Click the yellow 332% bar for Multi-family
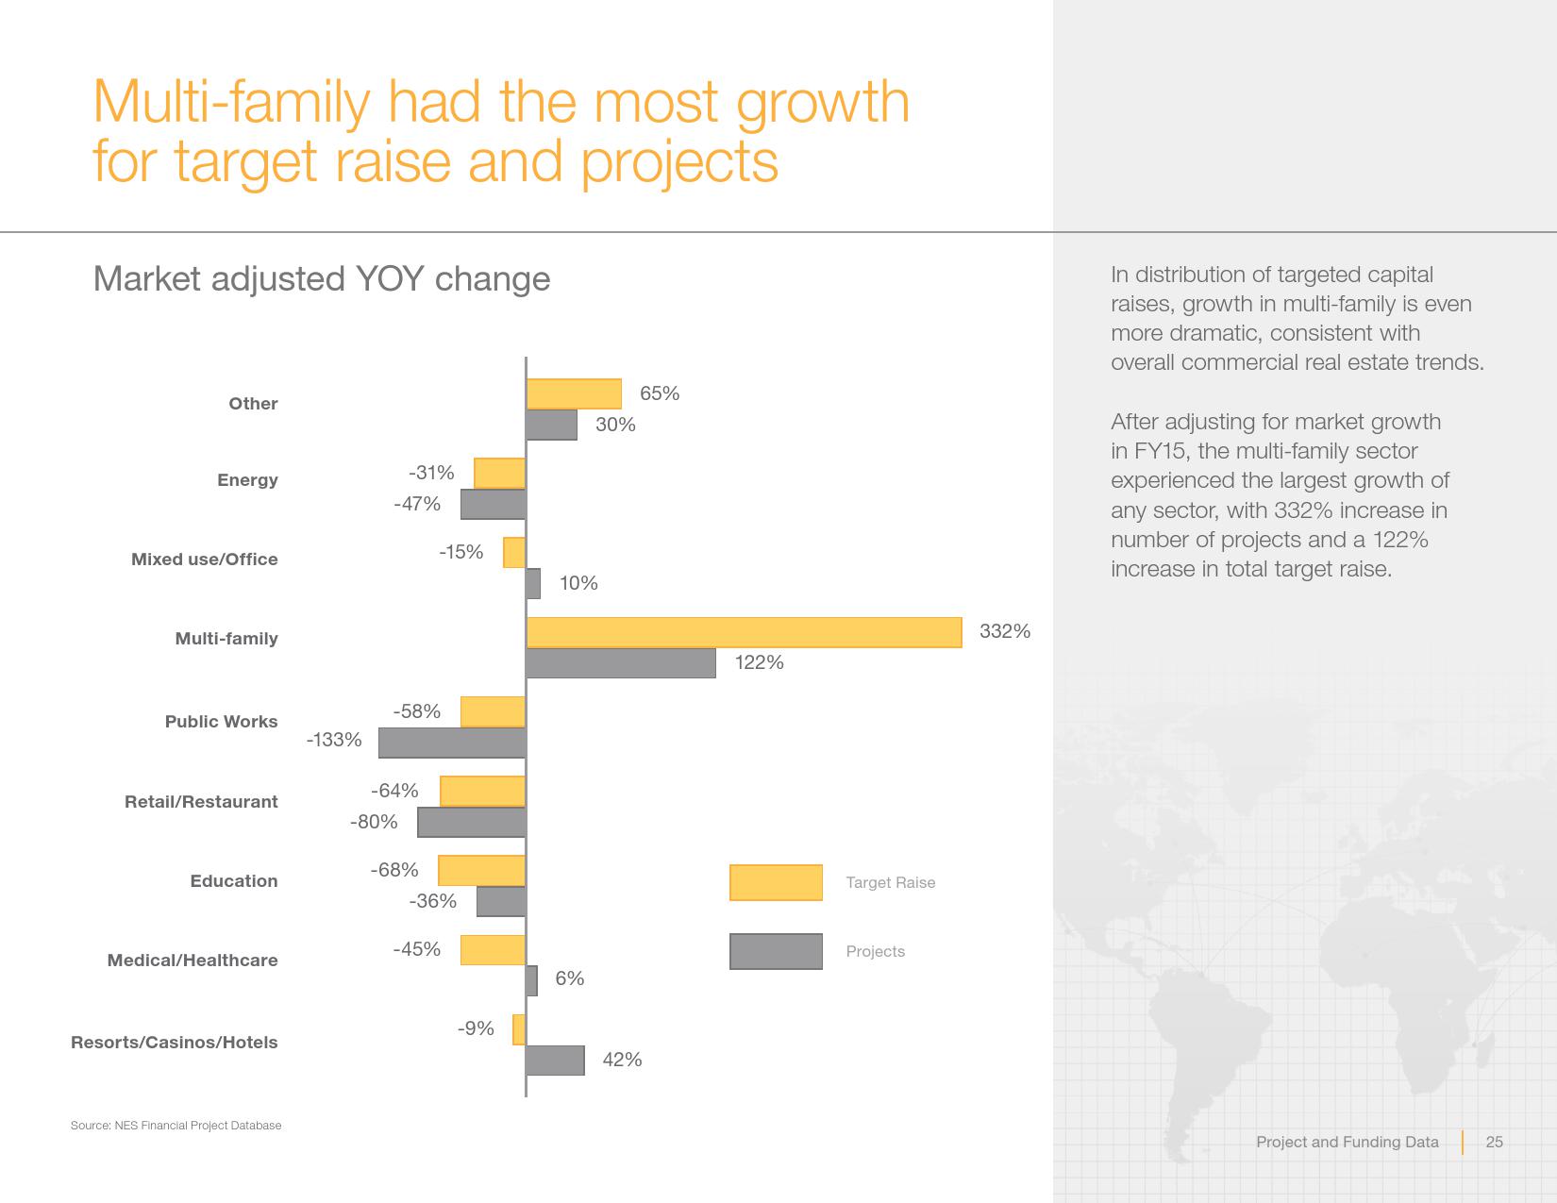coord(745,633)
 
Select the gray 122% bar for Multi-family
coord(621,663)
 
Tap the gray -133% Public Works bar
coord(452,743)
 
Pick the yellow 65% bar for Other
coord(574,394)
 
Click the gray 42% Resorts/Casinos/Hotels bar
coord(555,1061)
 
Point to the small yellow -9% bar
coord(519,1029)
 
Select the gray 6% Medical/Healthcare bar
coord(531,981)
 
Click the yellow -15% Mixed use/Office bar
coord(513,552)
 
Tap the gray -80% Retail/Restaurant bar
coord(472,823)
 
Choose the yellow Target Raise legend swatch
coord(776,882)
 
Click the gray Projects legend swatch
coord(776,951)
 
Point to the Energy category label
coord(247,480)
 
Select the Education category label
coord(234,880)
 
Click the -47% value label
coord(417,504)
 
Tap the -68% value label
coord(394,870)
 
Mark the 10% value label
coord(578,583)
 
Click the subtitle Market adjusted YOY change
coord(322,278)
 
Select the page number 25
coord(1494,1142)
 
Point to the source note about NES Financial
coord(176,1126)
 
